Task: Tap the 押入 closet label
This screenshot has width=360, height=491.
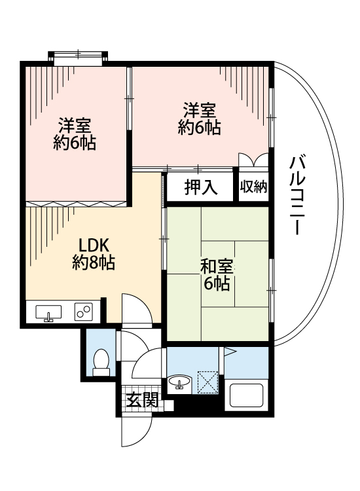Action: [200, 188]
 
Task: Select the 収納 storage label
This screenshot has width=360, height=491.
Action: [253, 188]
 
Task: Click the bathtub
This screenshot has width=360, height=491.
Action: [245, 396]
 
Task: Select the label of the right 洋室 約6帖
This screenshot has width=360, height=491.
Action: [200, 118]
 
